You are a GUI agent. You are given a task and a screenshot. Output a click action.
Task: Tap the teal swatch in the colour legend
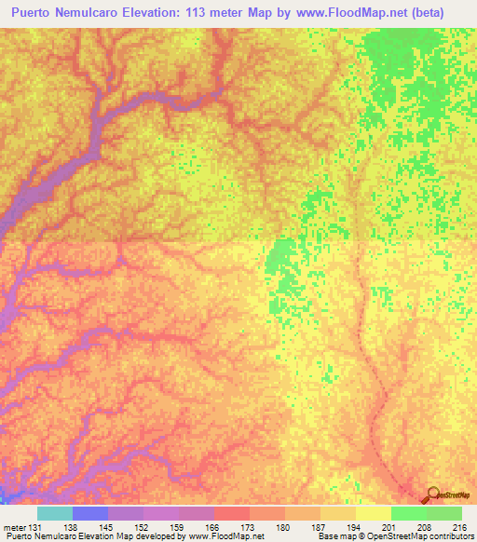tap(55, 513)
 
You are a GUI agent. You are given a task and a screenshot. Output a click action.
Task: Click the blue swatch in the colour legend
tap(90, 513)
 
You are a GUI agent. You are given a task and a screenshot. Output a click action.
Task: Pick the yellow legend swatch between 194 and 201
tap(373, 513)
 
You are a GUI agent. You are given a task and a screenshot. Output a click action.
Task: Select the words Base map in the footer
tap(334, 536)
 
